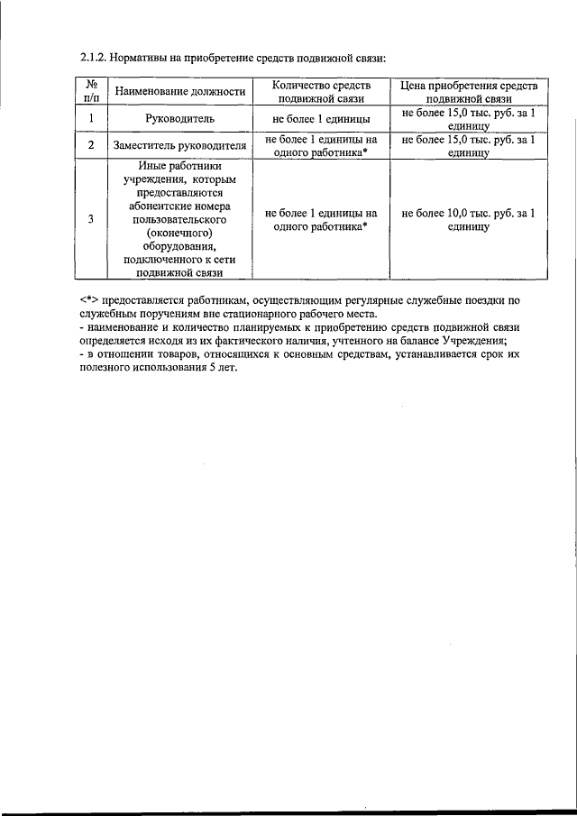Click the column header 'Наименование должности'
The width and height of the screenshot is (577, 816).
coord(178,91)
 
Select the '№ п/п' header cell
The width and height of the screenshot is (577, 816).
coord(91,91)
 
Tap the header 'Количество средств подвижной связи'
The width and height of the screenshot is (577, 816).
coord(321,91)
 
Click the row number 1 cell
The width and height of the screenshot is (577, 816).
coord(91,118)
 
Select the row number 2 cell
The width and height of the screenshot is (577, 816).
coord(91,144)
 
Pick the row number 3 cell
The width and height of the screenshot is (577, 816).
coord(91,219)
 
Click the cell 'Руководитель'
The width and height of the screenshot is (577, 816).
coord(179,118)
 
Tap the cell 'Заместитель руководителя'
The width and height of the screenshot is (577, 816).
coord(179,144)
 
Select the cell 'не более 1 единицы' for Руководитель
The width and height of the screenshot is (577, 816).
coord(321,118)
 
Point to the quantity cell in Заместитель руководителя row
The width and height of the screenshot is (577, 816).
coord(321,144)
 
